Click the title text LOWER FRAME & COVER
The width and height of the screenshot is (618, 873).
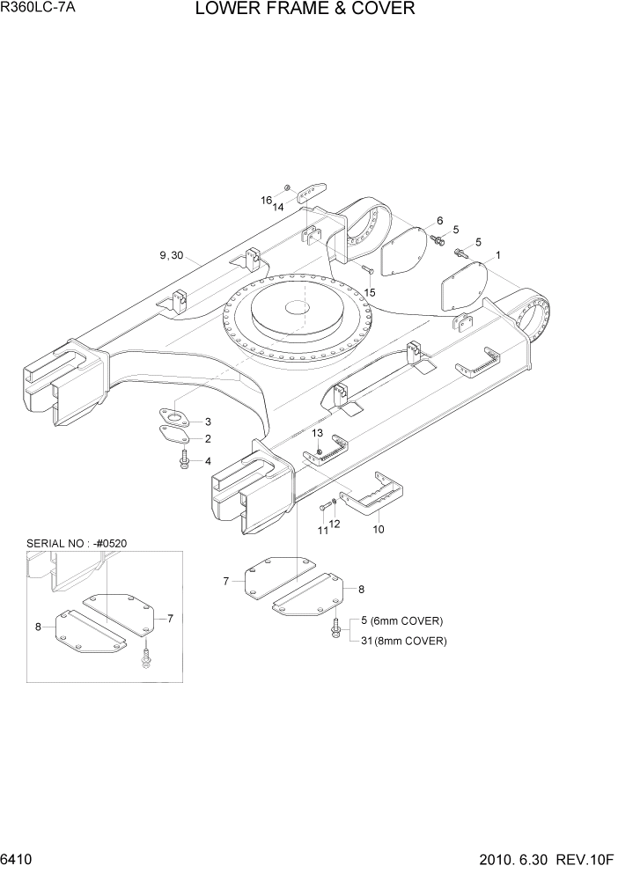pos(305,10)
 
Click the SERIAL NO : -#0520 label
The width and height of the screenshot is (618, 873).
pos(77,543)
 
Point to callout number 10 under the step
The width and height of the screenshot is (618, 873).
pos(379,530)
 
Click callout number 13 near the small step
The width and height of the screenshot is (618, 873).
pos(317,433)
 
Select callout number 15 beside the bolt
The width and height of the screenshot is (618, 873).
pos(369,292)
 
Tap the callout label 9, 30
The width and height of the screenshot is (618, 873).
pos(172,255)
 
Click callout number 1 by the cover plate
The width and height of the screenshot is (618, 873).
pos(498,255)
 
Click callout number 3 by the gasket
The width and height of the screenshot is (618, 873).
pos(208,422)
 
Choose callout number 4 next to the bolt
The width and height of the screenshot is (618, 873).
pos(208,460)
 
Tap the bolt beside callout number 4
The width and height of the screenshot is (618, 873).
pos(185,459)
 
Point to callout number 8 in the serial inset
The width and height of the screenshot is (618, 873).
pos(38,627)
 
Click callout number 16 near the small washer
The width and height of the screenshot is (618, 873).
pos(265,201)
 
